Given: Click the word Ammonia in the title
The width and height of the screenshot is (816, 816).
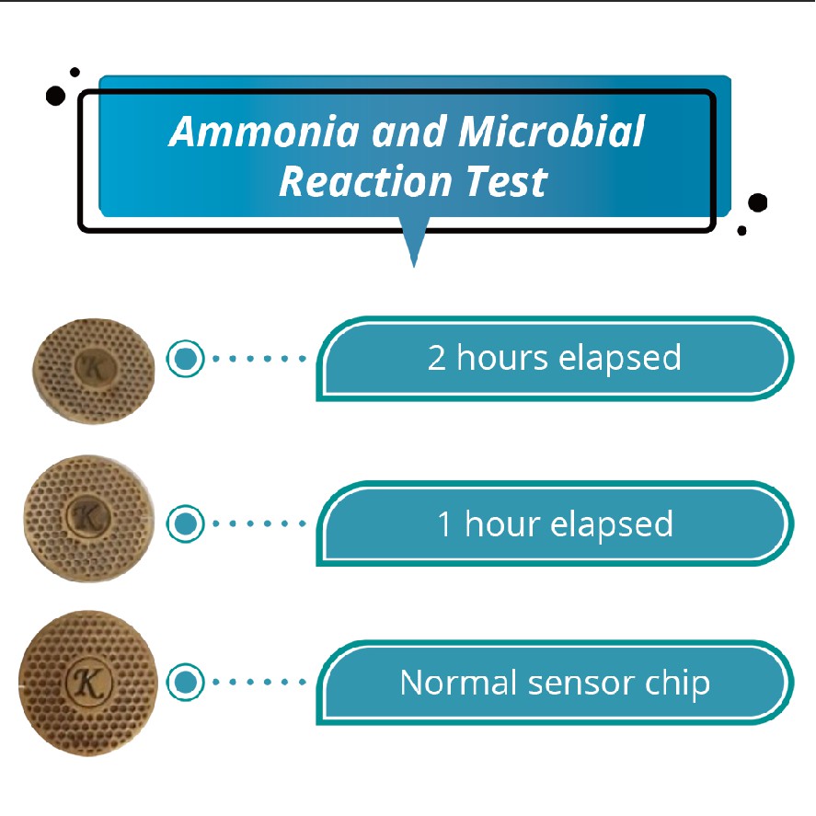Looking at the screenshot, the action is (x=264, y=132).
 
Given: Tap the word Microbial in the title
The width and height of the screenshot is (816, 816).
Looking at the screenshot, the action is (x=551, y=132).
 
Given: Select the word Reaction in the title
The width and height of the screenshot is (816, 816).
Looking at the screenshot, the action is (x=365, y=181).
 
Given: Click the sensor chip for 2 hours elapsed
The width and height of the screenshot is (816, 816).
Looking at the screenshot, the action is (x=94, y=371).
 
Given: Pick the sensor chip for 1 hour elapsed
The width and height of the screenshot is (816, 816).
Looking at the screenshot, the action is (x=89, y=518).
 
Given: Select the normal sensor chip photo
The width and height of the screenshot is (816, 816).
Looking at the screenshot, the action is (x=88, y=684).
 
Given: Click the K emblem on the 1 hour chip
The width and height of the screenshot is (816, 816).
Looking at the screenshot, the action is (x=88, y=516).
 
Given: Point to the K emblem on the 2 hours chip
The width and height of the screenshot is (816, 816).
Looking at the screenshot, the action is (x=95, y=367).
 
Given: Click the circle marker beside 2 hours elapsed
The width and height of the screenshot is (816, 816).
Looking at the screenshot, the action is (x=185, y=359).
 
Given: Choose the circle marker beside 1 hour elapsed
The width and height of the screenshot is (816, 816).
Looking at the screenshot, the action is (x=185, y=523).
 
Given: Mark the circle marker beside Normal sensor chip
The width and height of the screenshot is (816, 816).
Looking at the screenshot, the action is (x=185, y=683).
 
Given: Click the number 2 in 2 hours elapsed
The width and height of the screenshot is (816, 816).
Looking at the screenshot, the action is (x=437, y=358).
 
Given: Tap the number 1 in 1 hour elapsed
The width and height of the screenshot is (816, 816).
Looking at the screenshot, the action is (x=444, y=523).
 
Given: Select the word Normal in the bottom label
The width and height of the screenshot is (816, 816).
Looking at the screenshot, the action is (x=458, y=683).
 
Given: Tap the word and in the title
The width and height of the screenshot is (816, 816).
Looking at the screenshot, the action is (x=409, y=132).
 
